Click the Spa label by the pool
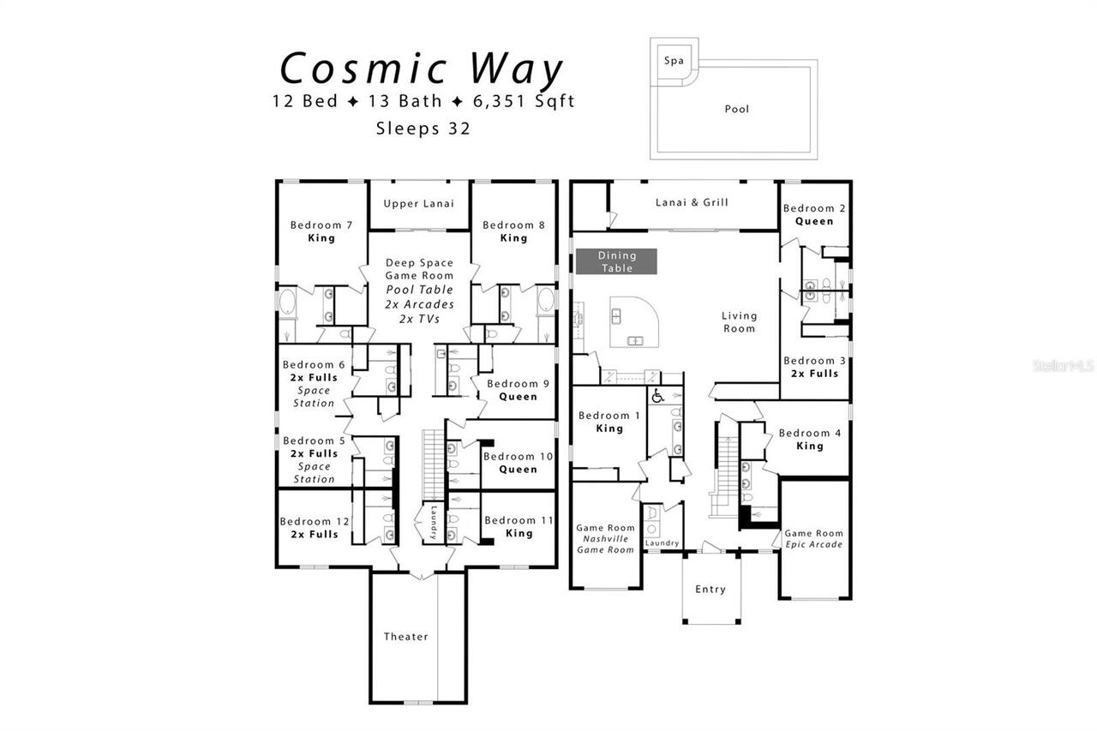[674, 61]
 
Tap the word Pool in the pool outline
[736, 109]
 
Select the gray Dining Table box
[616, 261]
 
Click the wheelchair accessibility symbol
[657, 397]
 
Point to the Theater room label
[405, 636]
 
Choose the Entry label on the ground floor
[710, 589]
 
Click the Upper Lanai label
[418, 203]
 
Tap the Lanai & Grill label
[692, 202]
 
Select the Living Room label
[739, 321]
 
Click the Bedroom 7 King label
[321, 231]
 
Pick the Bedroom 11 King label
[519, 526]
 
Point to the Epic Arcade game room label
[814, 538]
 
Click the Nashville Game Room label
[605, 539]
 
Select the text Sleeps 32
[423, 129]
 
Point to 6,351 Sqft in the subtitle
[524, 101]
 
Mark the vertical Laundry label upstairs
[435, 522]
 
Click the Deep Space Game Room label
[419, 269]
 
